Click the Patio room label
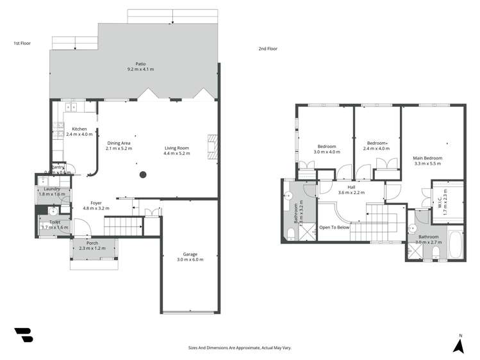pyautogui.click(x=140, y=63)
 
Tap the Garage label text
pyautogui.click(x=189, y=254)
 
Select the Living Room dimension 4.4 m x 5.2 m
pyautogui.click(x=177, y=154)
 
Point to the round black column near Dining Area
pyautogui.click(x=143, y=174)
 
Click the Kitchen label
pyautogui.click(x=79, y=129)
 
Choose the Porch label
pyautogui.click(x=92, y=243)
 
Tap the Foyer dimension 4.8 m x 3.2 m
pyautogui.click(x=96, y=208)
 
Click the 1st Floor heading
pyautogui.click(x=22, y=44)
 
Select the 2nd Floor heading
pyautogui.click(x=267, y=49)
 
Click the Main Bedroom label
pyautogui.click(x=427, y=158)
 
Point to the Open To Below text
pyautogui.click(x=335, y=227)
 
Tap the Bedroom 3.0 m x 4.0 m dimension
pyautogui.click(x=327, y=152)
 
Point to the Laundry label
pyautogui.click(x=52, y=188)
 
